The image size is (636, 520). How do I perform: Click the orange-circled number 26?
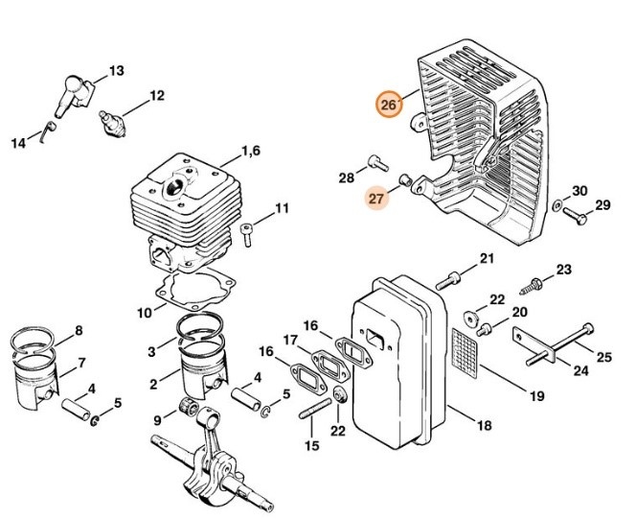click(389, 105)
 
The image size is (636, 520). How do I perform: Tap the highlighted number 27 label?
click(376, 199)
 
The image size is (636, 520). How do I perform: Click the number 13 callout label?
click(117, 71)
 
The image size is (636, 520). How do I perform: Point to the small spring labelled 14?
click(48, 130)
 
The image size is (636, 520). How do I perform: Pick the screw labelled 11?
click(246, 235)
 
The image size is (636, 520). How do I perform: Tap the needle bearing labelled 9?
click(189, 407)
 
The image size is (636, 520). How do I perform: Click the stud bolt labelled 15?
click(315, 409)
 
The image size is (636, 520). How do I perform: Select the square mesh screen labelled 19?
click(465, 353)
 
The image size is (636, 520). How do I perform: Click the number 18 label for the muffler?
click(485, 425)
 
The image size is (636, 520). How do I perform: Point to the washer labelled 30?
click(557, 204)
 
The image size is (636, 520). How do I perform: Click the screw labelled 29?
click(575, 215)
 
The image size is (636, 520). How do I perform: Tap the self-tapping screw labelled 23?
click(532, 286)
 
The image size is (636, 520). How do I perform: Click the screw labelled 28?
click(378, 163)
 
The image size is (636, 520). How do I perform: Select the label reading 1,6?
click(251, 152)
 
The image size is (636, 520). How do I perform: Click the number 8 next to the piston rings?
click(79, 331)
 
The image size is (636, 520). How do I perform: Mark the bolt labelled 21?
click(448, 281)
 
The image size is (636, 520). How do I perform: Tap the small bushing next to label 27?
click(405, 179)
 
